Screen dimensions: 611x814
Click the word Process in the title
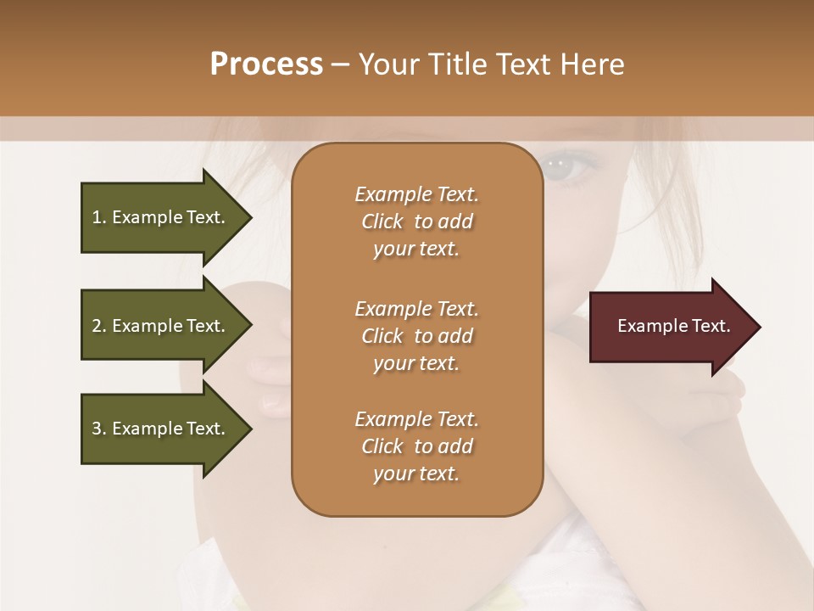click(x=266, y=64)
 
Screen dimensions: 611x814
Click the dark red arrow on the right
click(x=670, y=327)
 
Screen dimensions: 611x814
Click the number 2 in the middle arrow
click(x=97, y=326)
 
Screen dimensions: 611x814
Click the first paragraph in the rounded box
click(x=416, y=221)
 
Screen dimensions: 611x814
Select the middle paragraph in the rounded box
click(x=416, y=336)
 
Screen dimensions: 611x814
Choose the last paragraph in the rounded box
click(x=416, y=446)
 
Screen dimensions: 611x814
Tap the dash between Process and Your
click(x=340, y=64)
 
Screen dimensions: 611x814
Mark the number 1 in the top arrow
click(x=97, y=217)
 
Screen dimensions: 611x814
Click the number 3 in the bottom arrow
click(x=97, y=429)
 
